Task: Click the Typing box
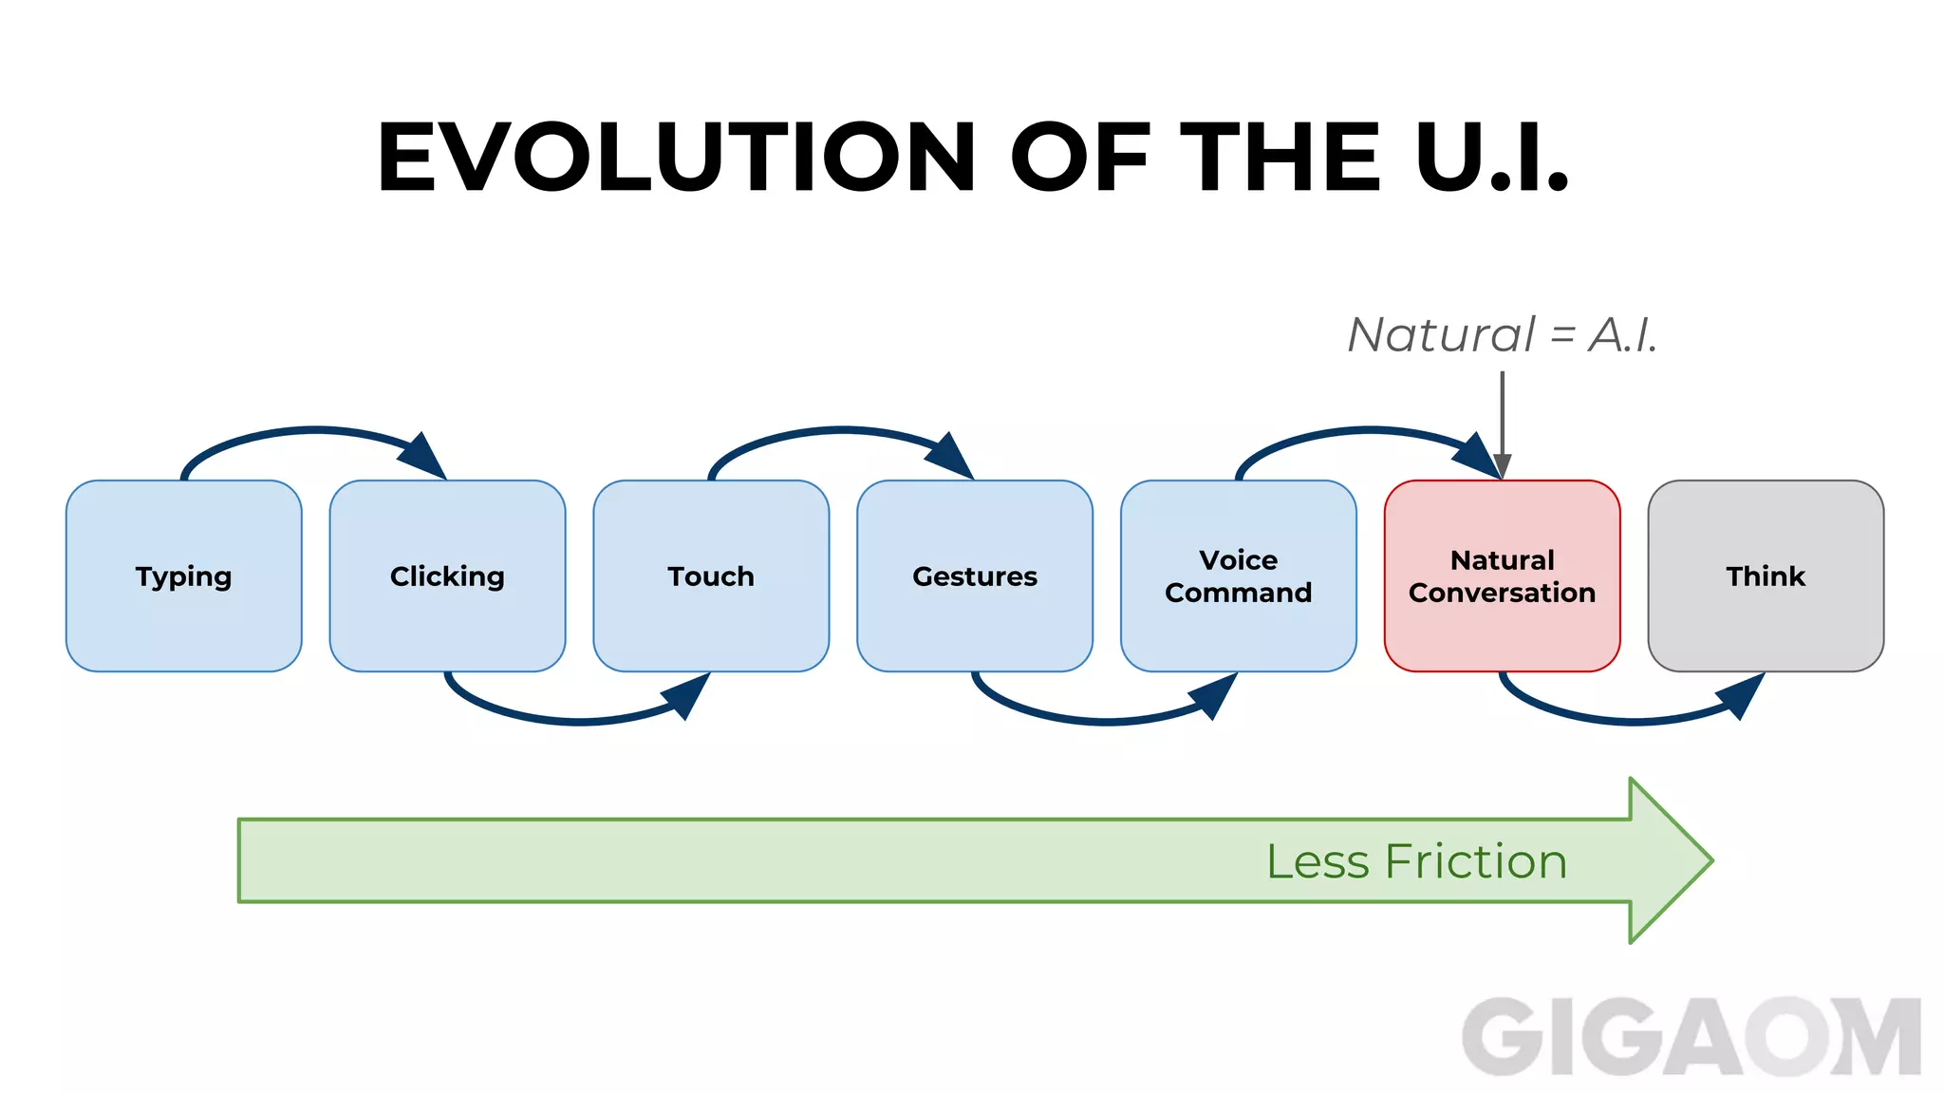point(183,575)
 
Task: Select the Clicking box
point(447,575)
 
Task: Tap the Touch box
point(711,575)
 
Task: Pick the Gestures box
point(975,575)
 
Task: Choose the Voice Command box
point(1238,575)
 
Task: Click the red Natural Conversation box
point(1502,575)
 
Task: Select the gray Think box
point(1766,575)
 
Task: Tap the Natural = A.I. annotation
point(1502,334)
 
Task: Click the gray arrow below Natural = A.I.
point(1502,418)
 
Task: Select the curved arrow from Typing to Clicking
point(313,431)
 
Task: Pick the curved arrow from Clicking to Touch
point(579,723)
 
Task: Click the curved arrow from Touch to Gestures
point(841,431)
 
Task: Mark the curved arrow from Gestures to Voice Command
point(1107,723)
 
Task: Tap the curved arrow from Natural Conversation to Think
point(1633,723)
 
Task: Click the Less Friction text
point(1416,861)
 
